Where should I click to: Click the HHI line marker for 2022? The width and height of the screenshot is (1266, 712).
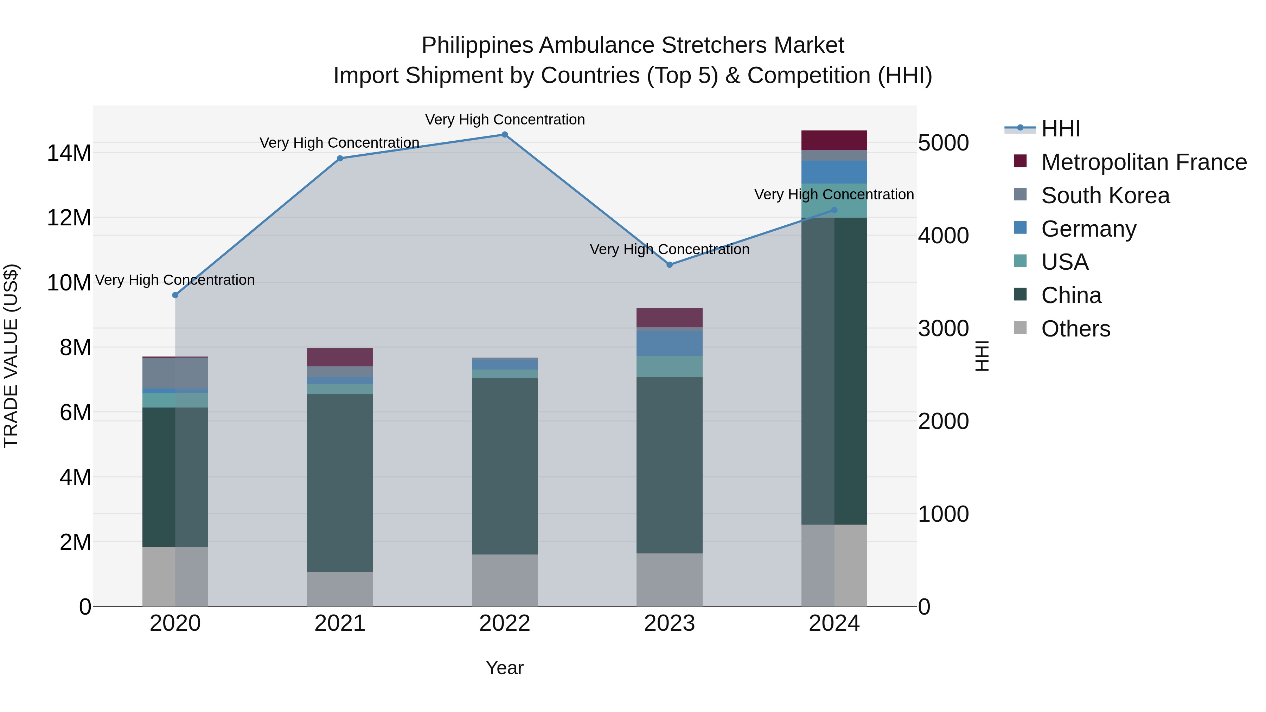point(504,135)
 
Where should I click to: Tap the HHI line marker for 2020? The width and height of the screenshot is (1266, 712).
point(175,295)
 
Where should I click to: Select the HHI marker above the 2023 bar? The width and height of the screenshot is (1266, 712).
point(669,265)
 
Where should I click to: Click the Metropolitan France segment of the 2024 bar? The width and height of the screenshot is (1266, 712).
point(834,141)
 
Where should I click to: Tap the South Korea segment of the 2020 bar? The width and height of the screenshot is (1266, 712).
point(175,373)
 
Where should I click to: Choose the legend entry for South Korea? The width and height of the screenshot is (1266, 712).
point(1105,195)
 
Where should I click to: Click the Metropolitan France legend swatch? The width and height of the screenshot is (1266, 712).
point(1020,161)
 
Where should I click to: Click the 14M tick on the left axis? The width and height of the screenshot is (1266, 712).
point(69,153)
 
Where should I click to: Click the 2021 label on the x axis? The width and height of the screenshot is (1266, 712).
point(340,623)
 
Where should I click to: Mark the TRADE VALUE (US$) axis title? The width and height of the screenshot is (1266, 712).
point(11,356)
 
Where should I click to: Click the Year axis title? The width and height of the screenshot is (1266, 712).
point(504,668)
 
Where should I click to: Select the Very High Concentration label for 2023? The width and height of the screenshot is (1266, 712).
point(669,250)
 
